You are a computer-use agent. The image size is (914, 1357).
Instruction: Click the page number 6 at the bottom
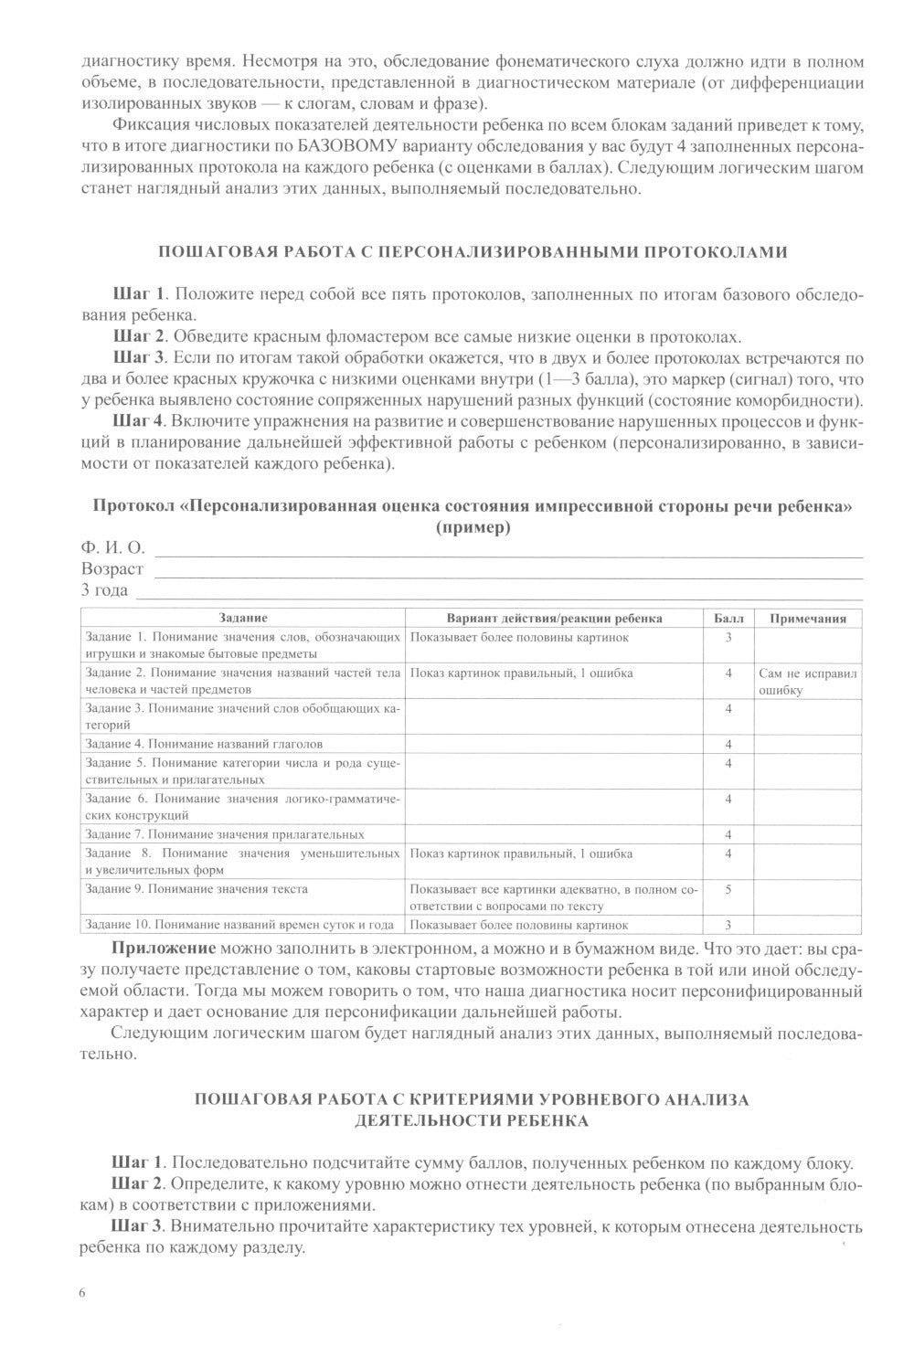[83, 1292]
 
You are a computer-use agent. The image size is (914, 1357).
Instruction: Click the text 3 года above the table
[105, 589]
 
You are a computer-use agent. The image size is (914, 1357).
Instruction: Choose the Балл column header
[728, 619]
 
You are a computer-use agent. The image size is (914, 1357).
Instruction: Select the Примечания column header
[808, 619]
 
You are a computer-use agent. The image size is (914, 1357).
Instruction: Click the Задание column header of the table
[243, 619]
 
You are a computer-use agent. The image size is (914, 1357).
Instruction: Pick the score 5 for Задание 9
[728, 888]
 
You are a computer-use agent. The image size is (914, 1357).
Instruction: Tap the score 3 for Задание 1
[728, 637]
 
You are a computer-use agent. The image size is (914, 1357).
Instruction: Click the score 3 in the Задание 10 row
[728, 925]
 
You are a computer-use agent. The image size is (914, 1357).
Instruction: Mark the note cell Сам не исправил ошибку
[808, 682]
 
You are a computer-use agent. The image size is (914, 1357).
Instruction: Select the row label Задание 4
[203, 744]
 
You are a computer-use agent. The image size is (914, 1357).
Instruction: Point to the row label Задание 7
[224, 834]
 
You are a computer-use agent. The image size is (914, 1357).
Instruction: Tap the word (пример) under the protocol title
[473, 527]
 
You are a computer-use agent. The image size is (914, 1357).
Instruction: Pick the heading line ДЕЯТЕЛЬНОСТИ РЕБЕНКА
[472, 1119]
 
